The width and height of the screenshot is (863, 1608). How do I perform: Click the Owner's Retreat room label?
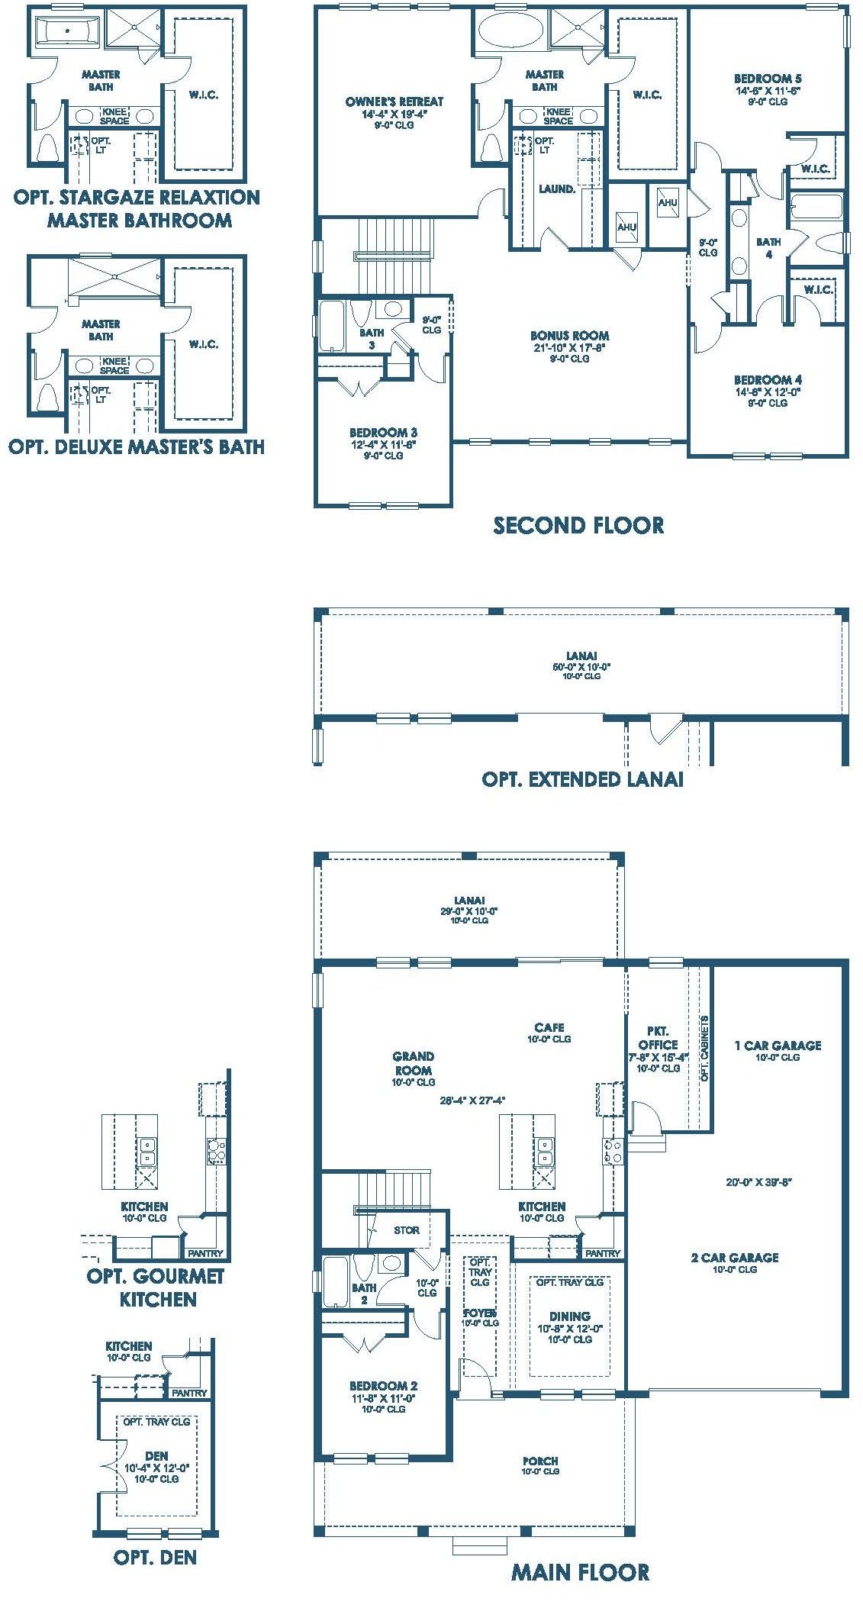[x=394, y=102]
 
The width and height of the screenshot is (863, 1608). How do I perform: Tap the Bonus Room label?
[x=570, y=335]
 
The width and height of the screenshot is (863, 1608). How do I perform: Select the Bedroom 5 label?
[x=768, y=78]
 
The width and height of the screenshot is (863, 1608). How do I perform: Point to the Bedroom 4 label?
[x=768, y=379]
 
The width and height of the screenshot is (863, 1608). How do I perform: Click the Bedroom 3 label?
[x=383, y=432]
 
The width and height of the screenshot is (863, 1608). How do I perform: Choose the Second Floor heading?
[x=578, y=525]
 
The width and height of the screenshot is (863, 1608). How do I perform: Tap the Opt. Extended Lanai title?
[x=582, y=779]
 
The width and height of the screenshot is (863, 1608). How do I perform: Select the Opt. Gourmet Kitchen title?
[x=157, y=1287]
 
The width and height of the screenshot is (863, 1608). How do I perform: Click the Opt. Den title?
[x=156, y=1552]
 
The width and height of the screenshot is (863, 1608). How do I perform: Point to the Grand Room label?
[x=414, y=1063]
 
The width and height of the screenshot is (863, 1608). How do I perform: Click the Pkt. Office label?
[x=658, y=1038]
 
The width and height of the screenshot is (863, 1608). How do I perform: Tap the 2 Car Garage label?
[x=735, y=1258]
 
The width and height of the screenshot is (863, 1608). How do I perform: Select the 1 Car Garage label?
[x=778, y=1046]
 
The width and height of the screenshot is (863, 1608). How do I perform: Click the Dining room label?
[x=569, y=1316]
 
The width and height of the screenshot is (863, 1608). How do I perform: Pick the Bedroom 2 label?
[x=383, y=1385]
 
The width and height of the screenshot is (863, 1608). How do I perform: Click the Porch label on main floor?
[x=540, y=1461]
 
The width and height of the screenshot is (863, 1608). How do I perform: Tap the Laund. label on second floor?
[x=557, y=189]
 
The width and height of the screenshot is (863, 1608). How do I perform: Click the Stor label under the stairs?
[x=407, y=1229]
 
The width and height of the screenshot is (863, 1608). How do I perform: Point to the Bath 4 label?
[x=768, y=248]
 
